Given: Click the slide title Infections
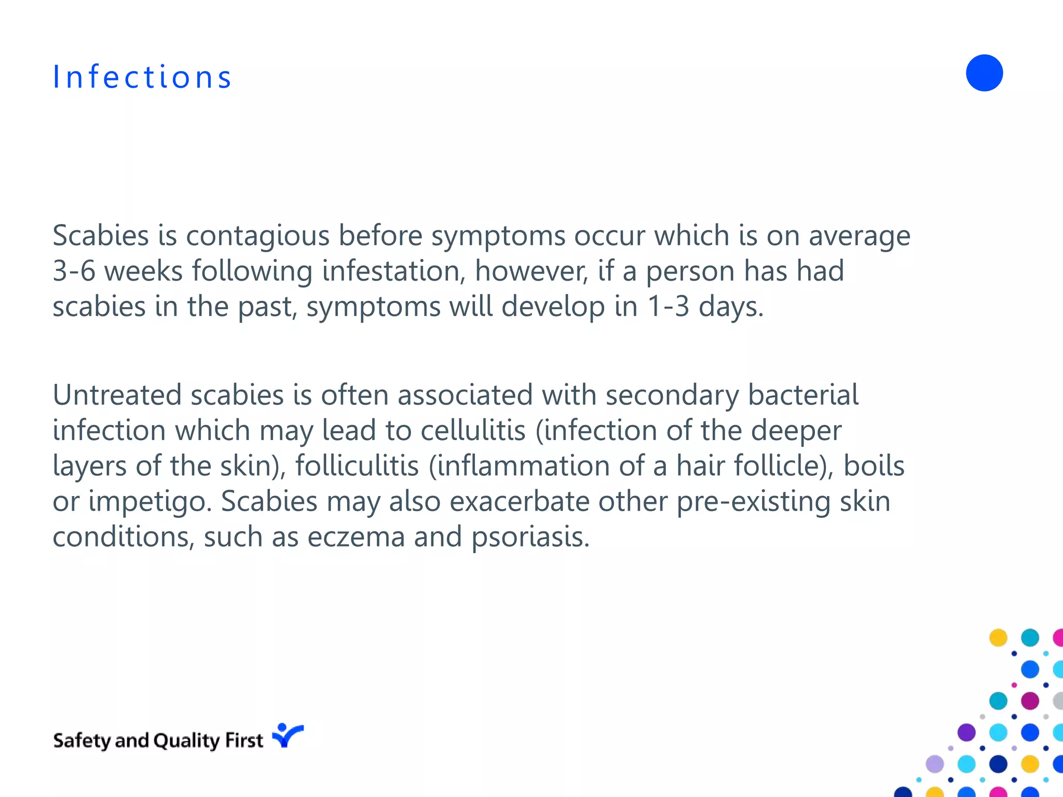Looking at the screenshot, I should (142, 77).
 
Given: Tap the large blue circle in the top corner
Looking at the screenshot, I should (984, 73).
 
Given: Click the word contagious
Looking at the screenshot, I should (257, 236).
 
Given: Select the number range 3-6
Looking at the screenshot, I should (74, 271).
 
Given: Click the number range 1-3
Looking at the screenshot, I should (668, 307).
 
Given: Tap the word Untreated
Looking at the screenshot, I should (117, 395).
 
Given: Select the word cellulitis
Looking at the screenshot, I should (473, 431).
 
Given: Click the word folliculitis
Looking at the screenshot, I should (357, 466).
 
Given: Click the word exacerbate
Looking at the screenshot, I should (519, 501).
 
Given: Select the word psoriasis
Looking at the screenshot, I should (530, 538).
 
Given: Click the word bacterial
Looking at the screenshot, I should (803, 395).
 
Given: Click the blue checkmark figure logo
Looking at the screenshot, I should (287, 736).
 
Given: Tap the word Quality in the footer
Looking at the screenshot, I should (186, 741).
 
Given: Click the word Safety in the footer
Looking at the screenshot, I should (81, 741).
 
